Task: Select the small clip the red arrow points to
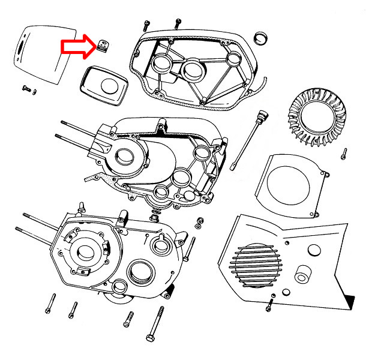[103, 46]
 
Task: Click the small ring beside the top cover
[261, 39]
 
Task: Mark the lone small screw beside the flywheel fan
[344, 154]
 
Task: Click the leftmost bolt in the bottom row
[48, 305]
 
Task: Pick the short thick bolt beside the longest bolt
[128, 319]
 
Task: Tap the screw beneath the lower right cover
[269, 305]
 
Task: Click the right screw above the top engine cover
[177, 23]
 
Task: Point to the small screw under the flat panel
[26, 88]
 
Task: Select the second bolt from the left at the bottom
[73, 310]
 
